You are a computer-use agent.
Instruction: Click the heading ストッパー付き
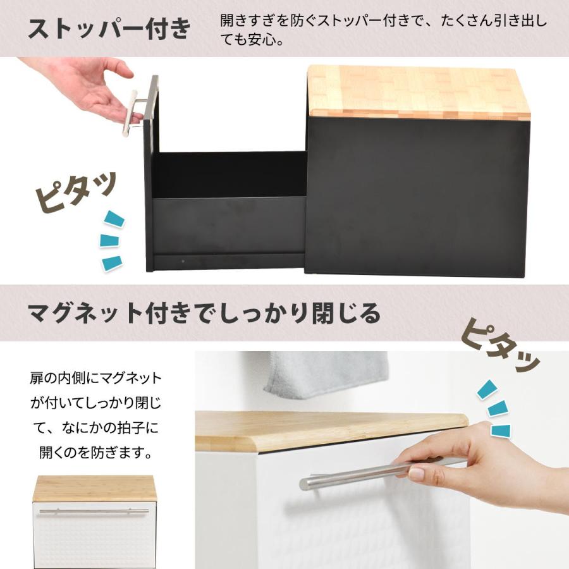point(109,28)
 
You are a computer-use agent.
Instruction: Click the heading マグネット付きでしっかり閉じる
point(204,314)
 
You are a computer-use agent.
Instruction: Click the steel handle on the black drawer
point(141,105)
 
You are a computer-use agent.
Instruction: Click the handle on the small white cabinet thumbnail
point(94,511)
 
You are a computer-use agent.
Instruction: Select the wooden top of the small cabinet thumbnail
point(95,489)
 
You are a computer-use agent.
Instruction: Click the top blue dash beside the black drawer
point(114,219)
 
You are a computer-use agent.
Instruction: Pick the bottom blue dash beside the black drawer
point(112,263)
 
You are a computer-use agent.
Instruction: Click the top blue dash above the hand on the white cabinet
point(486,389)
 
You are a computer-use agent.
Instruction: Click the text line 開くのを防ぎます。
point(96,453)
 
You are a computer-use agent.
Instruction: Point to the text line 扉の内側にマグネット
point(96,379)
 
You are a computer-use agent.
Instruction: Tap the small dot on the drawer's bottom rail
point(183,261)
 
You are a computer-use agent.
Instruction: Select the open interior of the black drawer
point(229,175)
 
